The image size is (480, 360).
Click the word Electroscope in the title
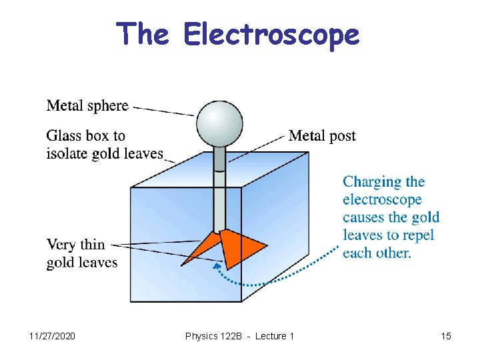[271, 35]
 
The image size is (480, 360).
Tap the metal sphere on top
[219, 124]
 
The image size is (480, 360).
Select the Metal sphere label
[87, 105]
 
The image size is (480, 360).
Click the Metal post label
[322, 136]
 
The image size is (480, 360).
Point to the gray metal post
[219, 193]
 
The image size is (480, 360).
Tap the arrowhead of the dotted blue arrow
[215, 267]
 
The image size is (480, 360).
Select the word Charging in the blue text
[372, 181]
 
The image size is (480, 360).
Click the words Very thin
[75, 245]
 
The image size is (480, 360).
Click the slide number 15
[446, 336]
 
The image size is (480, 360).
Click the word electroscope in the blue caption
[382, 199]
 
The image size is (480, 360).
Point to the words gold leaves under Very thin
[81, 263]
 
